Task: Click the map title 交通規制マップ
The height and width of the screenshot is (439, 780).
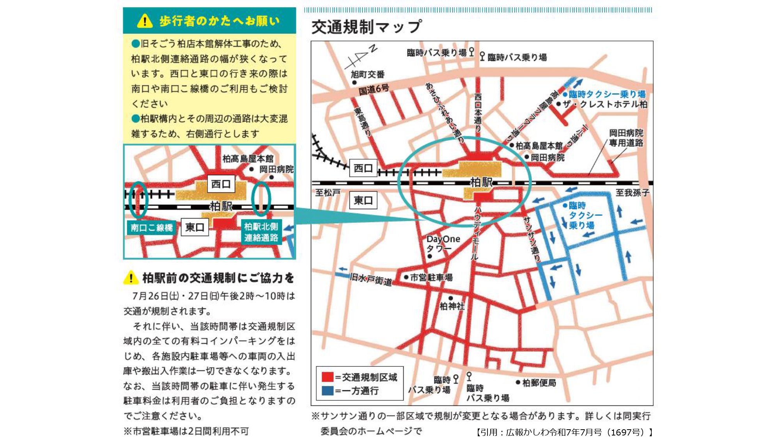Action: pyautogui.click(x=366, y=27)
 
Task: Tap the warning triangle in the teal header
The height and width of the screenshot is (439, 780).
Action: pyautogui.click(x=145, y=21)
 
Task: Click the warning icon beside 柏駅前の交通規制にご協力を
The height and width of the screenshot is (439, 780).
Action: pyautogui.click(x=131, y=278)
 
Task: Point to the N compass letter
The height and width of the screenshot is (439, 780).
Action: pyautogui.click(x=373, y=49)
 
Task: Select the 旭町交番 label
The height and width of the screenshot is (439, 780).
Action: pyautogui.click(x=367, y=74)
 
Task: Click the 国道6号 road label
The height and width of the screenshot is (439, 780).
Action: pyautogui.click(x=374, y=89)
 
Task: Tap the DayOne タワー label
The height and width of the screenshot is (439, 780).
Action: pyautogui.click(x=443, y=243)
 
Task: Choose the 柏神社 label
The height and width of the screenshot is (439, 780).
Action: pyautogui.click(x=452, y=306)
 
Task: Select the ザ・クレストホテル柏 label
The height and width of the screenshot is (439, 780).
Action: pyautogui.click(x=605, y=104)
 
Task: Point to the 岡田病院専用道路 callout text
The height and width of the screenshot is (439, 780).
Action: pyautogui.click(x=626, y=138)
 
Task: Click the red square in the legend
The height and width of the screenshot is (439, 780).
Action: pyautogui.click(x=327, y=377)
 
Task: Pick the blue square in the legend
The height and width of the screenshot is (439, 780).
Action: pyautogui.click(x=327, y=391)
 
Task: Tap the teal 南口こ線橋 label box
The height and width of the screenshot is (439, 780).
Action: pyautogui.click(x=152, y=227)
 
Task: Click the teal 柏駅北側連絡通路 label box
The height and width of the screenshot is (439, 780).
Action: pyautogui.click(x=261, y=232)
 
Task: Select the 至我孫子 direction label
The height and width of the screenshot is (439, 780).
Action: pyautogui.click(x=632, y=192)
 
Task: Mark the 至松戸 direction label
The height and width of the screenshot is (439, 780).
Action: pyautogui.click(x=328, y=192)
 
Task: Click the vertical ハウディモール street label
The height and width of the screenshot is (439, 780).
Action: pyautogui.click(x=476, y=233)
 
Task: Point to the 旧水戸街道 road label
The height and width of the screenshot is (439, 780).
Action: pyautogui.click(x=371, y=279)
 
